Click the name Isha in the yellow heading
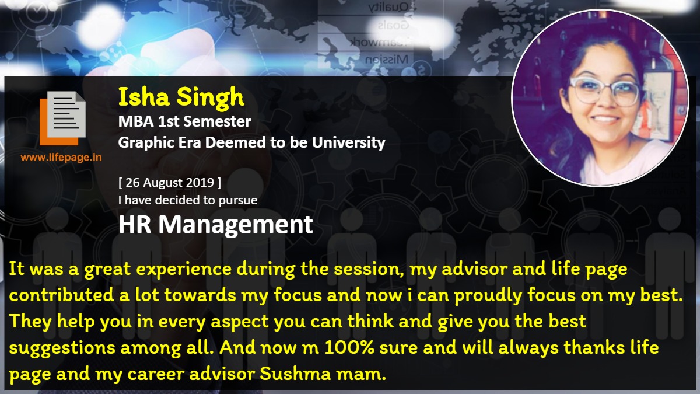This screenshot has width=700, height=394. coord(143,97)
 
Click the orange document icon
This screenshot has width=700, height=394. coord(62,118)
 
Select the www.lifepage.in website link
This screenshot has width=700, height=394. coord(61,157)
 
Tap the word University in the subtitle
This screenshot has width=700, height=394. coord(348,143)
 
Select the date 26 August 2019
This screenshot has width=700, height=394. coord(170,183)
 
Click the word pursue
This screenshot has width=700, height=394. coord(238,201)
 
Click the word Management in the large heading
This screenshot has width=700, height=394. coord(235,225)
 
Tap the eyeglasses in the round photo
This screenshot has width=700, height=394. coord(605,90)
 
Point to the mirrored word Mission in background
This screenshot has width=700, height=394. coord(387,60)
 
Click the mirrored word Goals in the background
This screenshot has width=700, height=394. coord(393,25)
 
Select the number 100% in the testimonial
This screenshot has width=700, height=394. coord(349,347)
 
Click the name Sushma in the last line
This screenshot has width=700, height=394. coord(295,374)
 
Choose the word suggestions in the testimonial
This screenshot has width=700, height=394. coord(62,348)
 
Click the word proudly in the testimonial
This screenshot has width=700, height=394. coord(488,296)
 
